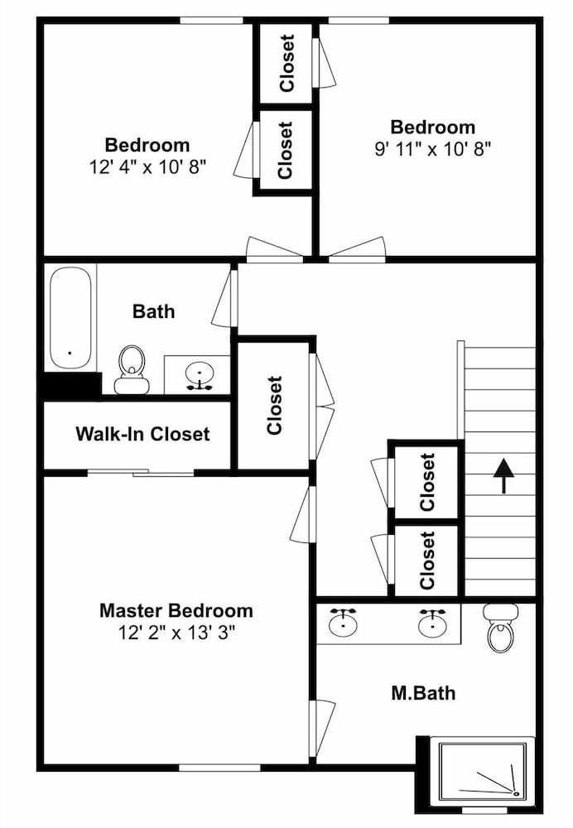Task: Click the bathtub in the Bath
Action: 70,318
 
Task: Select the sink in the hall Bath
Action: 200,375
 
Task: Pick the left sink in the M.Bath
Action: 343,623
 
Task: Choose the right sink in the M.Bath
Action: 432,623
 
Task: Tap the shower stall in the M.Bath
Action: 483,770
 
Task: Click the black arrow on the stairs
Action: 503,475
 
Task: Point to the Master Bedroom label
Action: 176,610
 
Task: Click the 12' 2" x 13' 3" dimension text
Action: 176,632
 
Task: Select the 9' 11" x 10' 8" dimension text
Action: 432,149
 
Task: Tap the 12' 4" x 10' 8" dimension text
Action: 147,167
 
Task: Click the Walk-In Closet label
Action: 142,434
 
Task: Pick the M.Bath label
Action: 423,693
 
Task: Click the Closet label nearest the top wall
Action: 286,64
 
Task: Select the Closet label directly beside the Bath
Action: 275,406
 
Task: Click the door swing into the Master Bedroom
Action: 303,513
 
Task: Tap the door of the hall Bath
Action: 224,298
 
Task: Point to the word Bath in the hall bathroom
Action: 153,311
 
